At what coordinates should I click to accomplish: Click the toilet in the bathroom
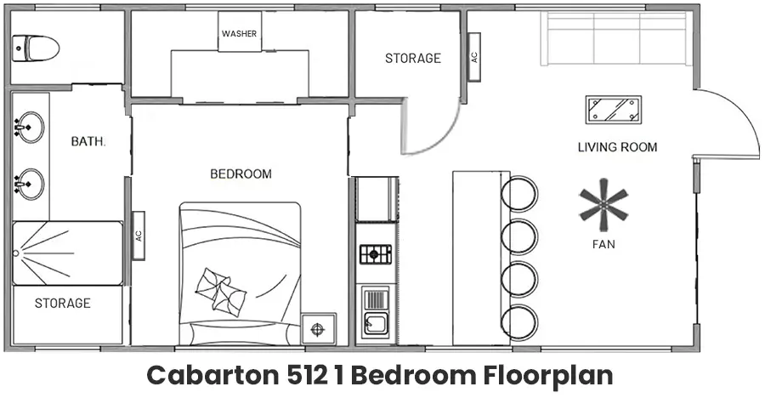[x=36, y=48]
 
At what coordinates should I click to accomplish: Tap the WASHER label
[x=239, y=34]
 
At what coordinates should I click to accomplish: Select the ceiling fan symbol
[x=603, y=205]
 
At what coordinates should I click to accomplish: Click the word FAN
[x=603, y=244]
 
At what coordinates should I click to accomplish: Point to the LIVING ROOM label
[x=618, y=147]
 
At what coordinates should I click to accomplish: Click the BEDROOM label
[x=241, y=173]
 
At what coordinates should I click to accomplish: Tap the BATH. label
[x=88, y=142]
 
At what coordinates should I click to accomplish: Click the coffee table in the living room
[x=613, y=110]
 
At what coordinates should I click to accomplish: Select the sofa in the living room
[x=615, y=38]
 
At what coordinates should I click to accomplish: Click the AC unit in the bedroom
[x=139, y=236]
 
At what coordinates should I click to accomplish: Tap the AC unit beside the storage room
[x=474, y=57]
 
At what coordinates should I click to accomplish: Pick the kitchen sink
[x=376, y=322]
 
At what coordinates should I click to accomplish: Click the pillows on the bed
[x=220, y=292]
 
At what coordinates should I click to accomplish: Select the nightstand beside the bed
[x=318, y=329]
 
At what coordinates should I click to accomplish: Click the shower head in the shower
[x=15, y=253]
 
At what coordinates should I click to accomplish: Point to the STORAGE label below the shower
[x=62, y=304]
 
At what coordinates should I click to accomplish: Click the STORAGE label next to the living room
[x=413, y=59]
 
